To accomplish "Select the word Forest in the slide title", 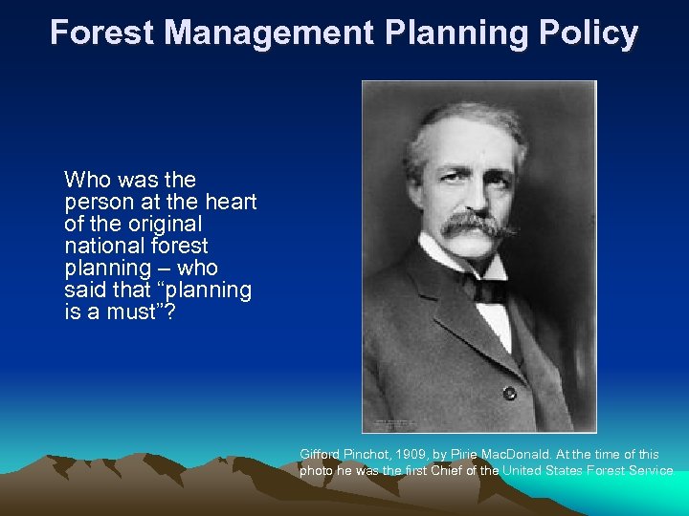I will (102, 33).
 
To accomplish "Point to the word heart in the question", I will (230, 202).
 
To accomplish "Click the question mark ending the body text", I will (170, 312).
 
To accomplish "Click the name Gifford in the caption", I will (320, 455).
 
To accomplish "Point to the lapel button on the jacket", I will (510, 393).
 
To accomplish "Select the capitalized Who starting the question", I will (84, 180).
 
